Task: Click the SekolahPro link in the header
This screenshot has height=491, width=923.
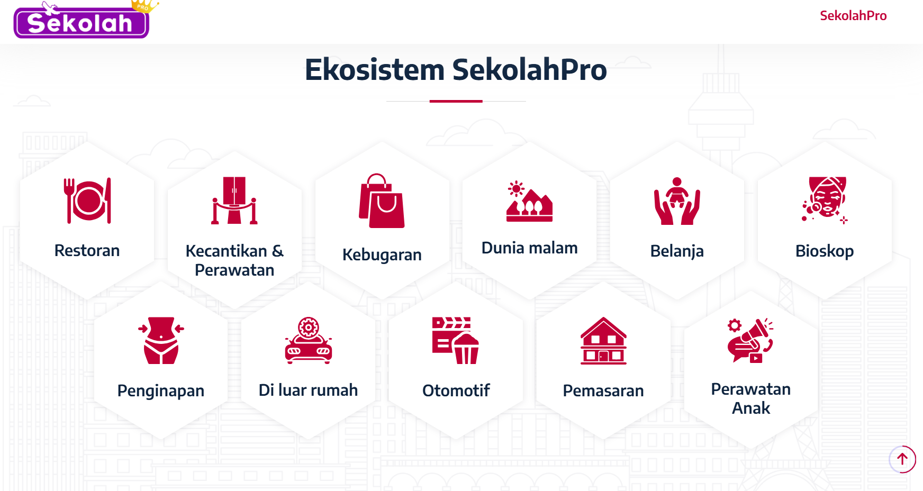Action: click(x=853, y=16)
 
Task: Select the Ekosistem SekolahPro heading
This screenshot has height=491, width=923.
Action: click(x=456, y=70)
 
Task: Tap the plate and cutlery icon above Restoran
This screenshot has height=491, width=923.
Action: click(x=87, y=201)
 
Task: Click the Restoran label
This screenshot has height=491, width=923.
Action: click(x=87, y=250)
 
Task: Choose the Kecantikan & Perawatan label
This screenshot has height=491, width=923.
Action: click(x=234, y=260)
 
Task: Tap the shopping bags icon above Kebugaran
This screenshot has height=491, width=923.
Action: click(x=382, y=201)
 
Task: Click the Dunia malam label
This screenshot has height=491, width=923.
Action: click(x=529, y=248)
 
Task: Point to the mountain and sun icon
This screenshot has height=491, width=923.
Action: click(x=529, y=201)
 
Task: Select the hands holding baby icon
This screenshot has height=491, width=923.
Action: click(x=677, y=201)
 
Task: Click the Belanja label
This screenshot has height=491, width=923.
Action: click(x=677, y=251)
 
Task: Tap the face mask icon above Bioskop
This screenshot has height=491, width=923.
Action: click(x=825, y=201)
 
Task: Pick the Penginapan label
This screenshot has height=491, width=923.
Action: click(x=161, y=391)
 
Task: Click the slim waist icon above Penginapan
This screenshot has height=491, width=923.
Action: click(x=161, y=341)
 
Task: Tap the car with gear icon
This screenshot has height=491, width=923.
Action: click(x=309, y=341)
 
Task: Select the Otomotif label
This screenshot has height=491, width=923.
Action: click(x=456, y=390)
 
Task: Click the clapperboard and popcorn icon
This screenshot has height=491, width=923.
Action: click(x=456, y=341)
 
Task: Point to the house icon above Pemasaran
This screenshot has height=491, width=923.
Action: click(x=603, y=341)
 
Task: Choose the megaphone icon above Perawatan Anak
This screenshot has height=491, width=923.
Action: click(x=750, y=341)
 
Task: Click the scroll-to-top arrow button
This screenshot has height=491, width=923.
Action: click(x=902, y=459)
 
